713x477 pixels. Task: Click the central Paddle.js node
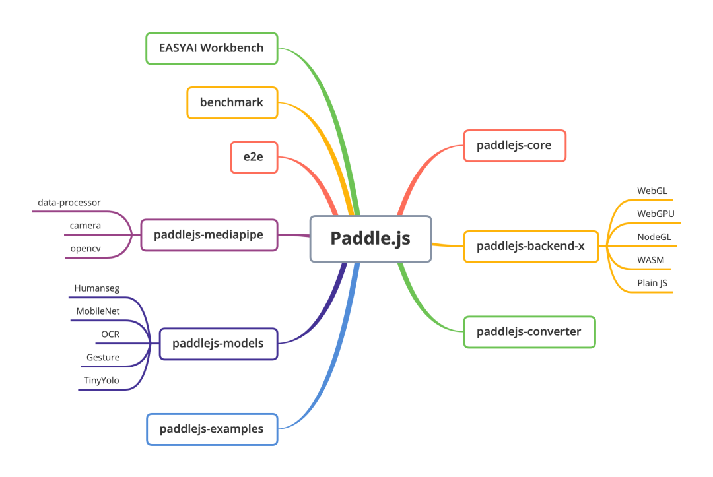tap(370, 238)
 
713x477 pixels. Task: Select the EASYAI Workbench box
tap(211, 48)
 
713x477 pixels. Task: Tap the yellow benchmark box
tap(232, 102)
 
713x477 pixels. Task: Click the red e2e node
tap(254, 157)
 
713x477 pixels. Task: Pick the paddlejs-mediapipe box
tap(209, 235)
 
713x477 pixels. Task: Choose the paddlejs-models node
tap(218, 343)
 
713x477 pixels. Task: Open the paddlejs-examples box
tap(211, 429)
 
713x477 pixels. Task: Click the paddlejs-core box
tap(514, 145)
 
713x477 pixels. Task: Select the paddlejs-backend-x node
tap(531, 246)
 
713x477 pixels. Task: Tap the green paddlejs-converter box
tap(529, 331)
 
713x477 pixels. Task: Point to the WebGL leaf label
tap(652, 191)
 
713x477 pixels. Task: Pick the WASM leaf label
tap(651, 260)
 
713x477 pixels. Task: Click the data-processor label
tap(69, 203)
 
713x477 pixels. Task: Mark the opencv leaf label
tap(85, 249)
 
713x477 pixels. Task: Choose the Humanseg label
tap(97, 288)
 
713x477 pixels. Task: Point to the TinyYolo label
tap(101, 380)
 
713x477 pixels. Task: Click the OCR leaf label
tap(110, 334)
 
